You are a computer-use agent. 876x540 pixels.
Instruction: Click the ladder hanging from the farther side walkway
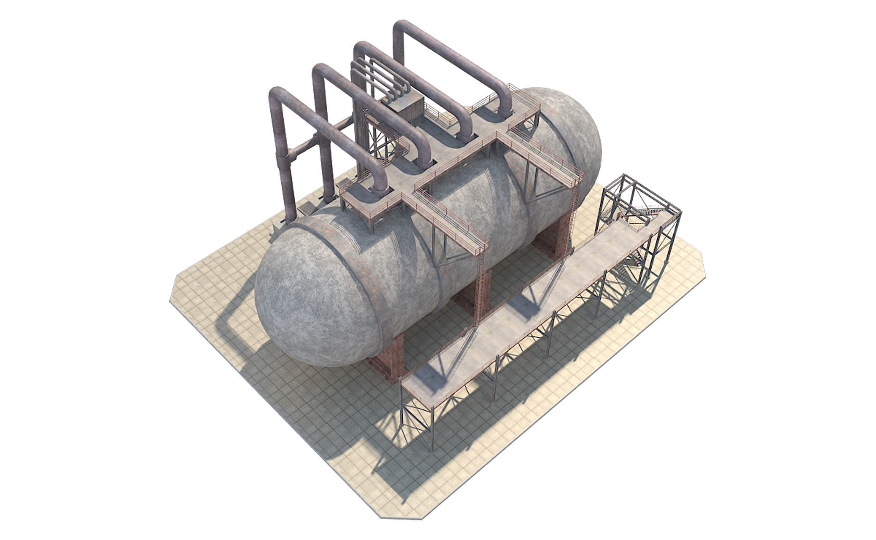pyautogui.click(x=574, y=210)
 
